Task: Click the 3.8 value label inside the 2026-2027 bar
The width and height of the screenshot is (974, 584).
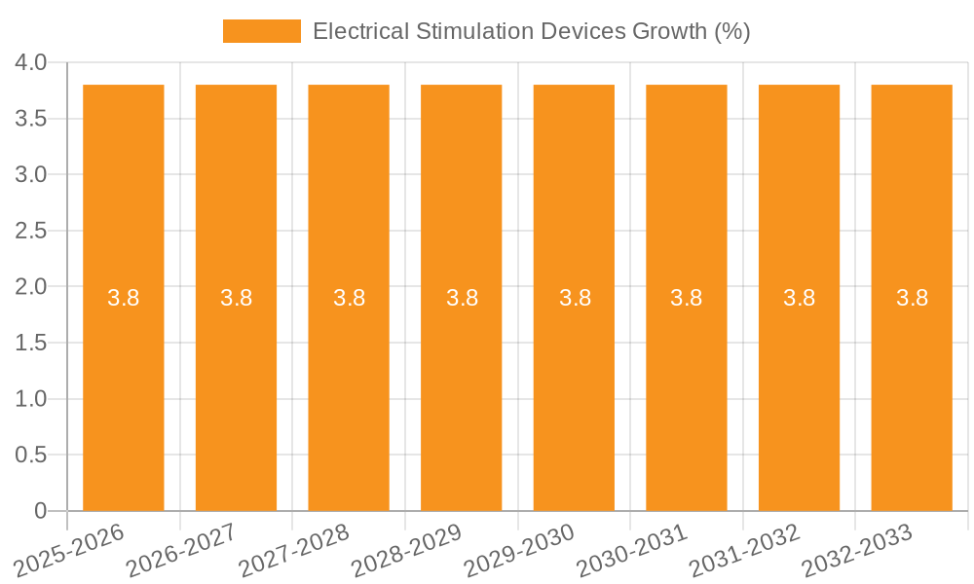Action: click(236, 298)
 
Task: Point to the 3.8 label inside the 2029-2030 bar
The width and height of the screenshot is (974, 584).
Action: click(575, 298)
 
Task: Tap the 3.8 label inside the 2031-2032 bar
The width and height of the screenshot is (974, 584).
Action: click(800, 298)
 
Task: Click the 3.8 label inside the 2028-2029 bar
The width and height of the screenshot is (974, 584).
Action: click(462, 298)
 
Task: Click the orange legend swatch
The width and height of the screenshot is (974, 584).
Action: click(262, 31)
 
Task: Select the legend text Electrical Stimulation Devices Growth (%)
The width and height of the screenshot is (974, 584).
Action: click(531, 31)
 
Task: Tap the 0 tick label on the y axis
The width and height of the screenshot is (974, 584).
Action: click(40, 511)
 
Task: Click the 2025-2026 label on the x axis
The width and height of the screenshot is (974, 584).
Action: click(70, 548)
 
